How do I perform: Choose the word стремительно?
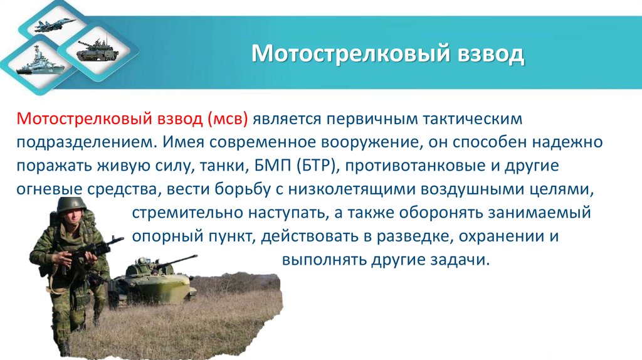point(180,213)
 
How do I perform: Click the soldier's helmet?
point(71,204)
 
